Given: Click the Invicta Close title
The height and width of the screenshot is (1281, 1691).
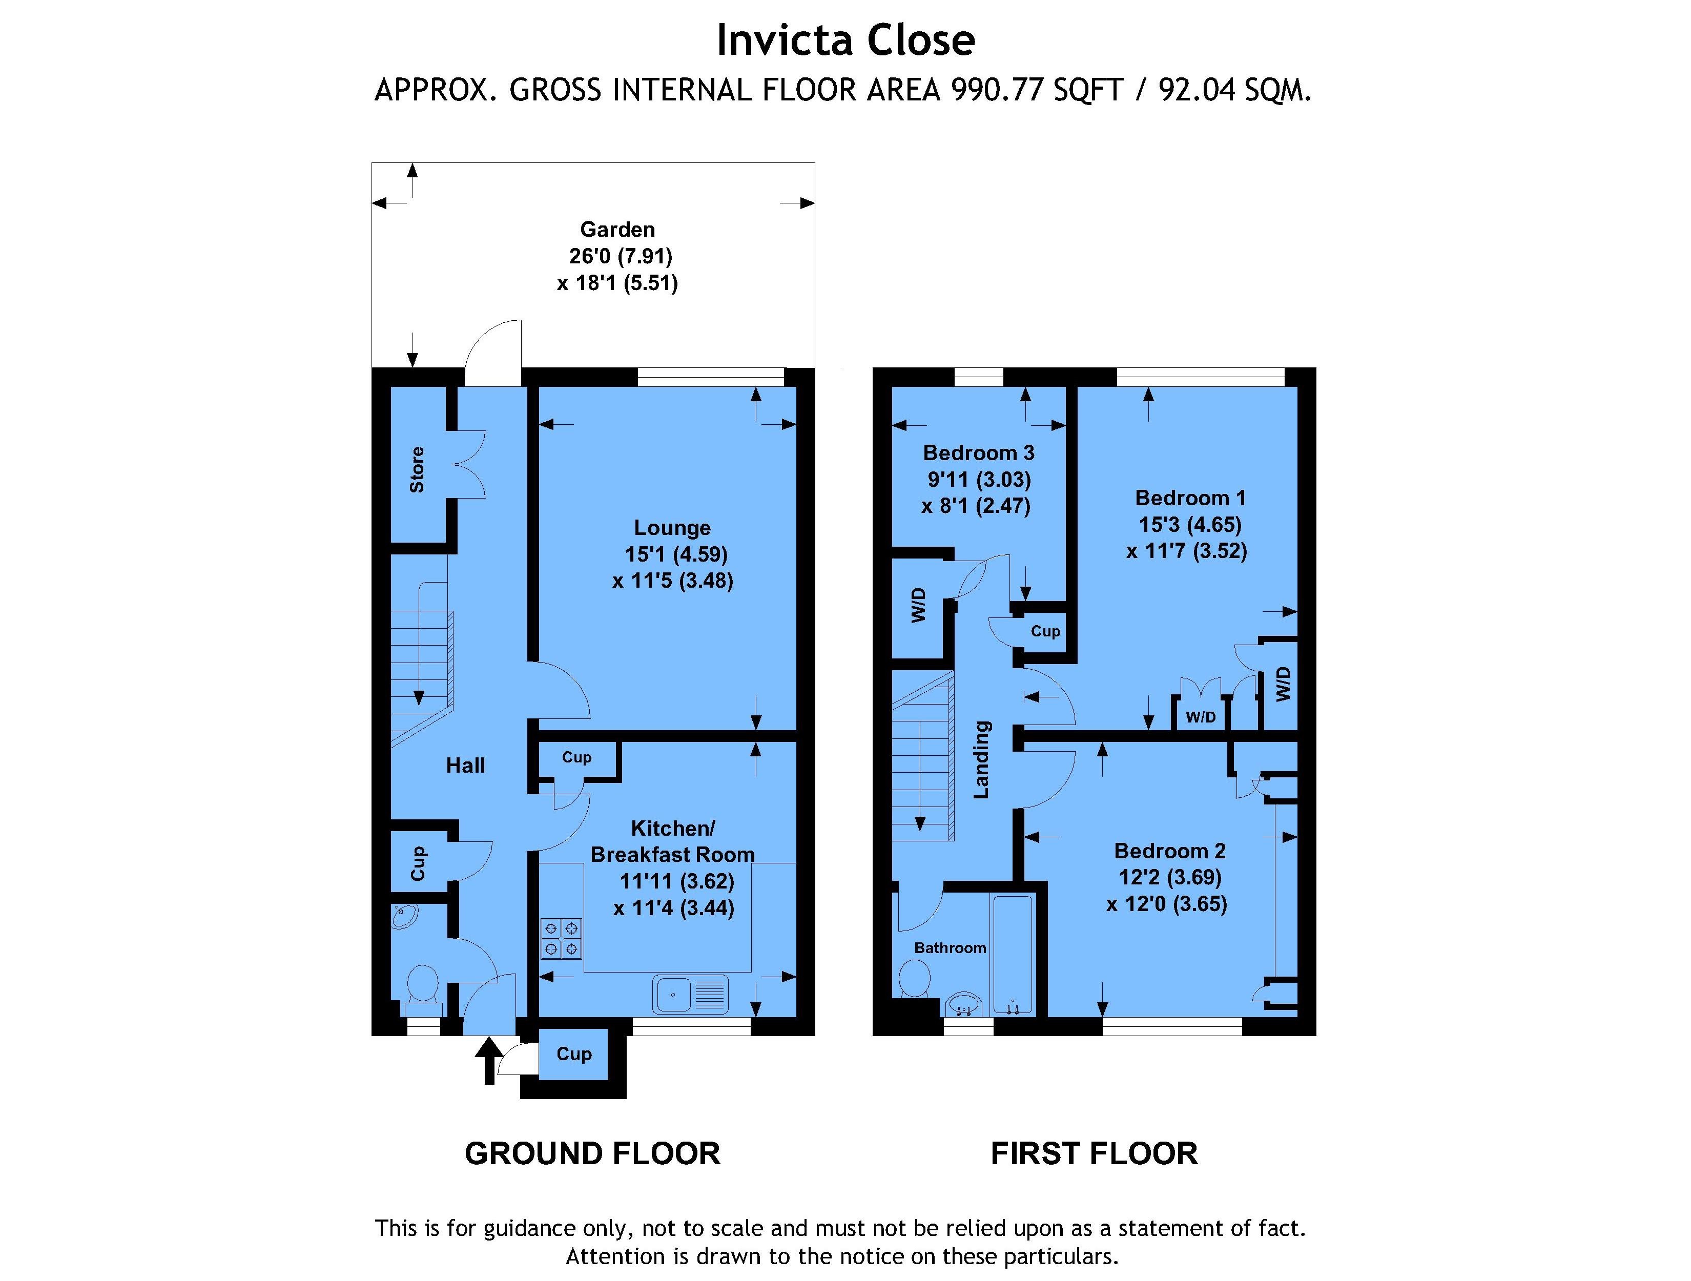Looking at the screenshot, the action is pyautogui.click(x=845, y=40).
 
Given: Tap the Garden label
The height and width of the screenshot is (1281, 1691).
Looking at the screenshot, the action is pyautogui.click(x=617, y=229).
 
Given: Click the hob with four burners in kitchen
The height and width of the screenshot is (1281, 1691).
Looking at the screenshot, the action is pyautogui.click(x=562, y=939).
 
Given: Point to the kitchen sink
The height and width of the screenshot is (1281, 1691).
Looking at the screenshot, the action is pyautogui.click(x=690, y=995).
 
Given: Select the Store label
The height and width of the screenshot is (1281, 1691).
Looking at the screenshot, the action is pyautogui.click(x=417, y=469).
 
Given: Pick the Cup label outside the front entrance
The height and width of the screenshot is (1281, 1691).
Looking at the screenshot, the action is pyautogui.click(x=574, y=1054).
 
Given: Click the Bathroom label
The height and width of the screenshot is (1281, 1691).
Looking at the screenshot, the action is pyautogui.click(x=950, y=948).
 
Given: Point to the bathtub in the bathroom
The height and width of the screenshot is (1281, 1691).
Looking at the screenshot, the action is pyautogui.click(x=1013, y=955).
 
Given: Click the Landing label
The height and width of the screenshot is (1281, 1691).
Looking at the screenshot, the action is pyautogui.click(x=982, y=760).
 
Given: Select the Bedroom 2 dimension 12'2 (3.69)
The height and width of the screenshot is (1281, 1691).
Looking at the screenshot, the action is pyautogui.click(x=1170, y=877).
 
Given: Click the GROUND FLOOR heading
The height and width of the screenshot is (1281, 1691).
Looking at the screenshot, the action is pyautogui.click(x=592, y=1153).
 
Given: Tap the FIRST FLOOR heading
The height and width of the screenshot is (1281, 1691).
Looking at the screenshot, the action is pyautogui.click(x=1094, y=1153).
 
